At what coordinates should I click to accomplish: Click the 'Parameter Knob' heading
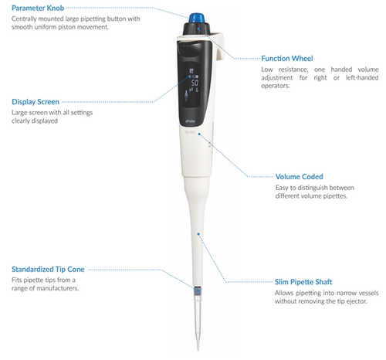click(38, 8)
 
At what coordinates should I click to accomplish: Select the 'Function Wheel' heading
click(287, 59)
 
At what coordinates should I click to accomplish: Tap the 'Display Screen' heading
click(36, 102)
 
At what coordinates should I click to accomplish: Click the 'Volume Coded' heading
click(299, 177)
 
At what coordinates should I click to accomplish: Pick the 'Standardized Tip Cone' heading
click(48, 270)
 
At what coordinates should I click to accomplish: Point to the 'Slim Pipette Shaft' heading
click(303, 282)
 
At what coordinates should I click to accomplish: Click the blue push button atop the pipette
click(197, 18)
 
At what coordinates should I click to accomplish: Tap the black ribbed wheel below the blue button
click(197, 29)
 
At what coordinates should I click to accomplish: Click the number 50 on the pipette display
click(195, 83)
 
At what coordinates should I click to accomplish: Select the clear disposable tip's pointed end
click(198, 349)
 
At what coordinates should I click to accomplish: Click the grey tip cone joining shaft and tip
click(198, 291)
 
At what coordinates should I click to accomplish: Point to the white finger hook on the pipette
click(219, 48)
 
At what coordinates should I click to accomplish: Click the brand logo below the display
click(190, 121)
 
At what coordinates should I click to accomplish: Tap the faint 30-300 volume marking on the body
click(190, 132)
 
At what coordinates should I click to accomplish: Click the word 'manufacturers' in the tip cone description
click(58, 288)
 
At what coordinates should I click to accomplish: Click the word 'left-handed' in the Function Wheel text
click(362, 78)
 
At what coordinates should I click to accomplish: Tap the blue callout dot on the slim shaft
click(198, 234)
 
